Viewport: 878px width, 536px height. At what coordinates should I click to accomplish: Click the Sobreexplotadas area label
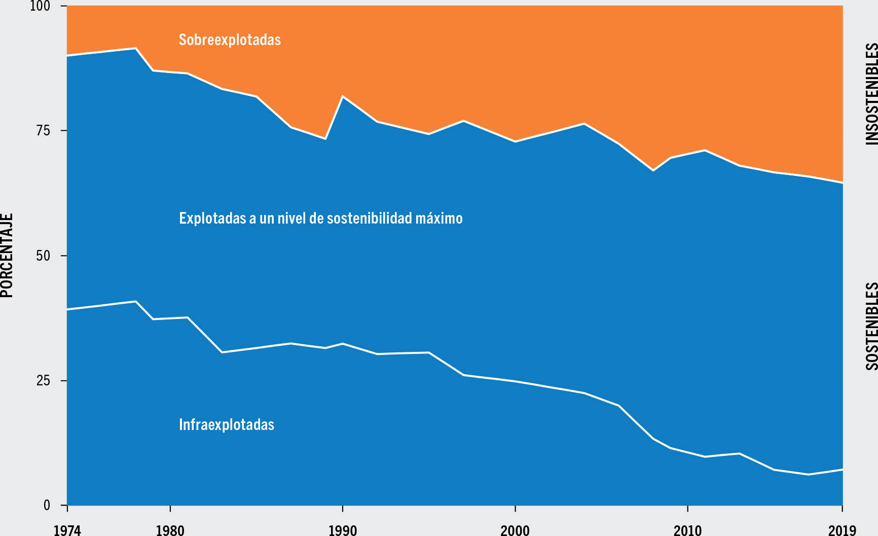tap(230, 40)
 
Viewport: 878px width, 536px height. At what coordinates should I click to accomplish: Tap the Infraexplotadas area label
tap(227, 424)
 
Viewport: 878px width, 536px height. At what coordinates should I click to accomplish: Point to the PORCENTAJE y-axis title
tap(7, 255)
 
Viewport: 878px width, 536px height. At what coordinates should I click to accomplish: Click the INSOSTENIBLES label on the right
tap(871, 94)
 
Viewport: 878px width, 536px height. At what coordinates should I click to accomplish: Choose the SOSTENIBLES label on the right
tap(871, 326)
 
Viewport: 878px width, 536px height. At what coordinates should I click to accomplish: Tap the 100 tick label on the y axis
tap(41, 6)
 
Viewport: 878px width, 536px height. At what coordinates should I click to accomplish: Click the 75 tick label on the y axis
tap(44, 131)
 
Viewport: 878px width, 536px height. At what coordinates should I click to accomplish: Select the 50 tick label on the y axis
tap(44, 256)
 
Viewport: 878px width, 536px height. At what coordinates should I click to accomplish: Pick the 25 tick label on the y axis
tap(44, 380)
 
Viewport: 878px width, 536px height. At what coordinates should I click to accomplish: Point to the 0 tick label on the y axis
tap(47, 505)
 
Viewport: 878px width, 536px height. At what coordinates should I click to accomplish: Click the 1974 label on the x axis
tap(67, 530)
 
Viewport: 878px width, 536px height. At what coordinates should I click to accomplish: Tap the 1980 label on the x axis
tap(170, 530)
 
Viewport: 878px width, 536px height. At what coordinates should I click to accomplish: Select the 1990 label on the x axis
tap(343, 530)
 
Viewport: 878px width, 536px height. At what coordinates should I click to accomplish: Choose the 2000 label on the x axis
tap(515, 530)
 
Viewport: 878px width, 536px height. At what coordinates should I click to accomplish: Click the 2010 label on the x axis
tap(687, 530)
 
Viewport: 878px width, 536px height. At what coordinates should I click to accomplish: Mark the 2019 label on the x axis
tap(842, 530)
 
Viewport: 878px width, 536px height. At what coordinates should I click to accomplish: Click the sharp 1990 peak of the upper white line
tap(343, 96)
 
